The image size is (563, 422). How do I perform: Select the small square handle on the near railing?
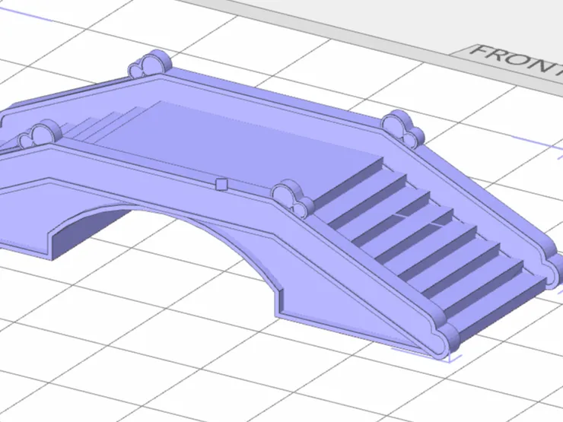pos(221,184)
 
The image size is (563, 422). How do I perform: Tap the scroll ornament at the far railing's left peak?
pos(150,64)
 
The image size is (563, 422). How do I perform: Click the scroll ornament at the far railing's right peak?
pos(403,129)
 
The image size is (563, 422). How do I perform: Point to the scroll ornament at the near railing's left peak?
pos(40,135)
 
